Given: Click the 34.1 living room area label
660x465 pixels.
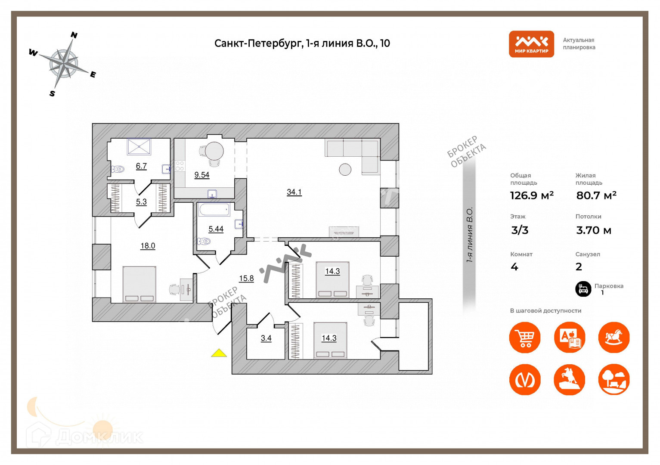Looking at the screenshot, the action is pyautogui.click(x=294, y=192).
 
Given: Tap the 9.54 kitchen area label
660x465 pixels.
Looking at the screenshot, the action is pyautogui.click(x=201, y=175).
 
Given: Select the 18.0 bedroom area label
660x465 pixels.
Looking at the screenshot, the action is pyautogui.click(x=148, y=246).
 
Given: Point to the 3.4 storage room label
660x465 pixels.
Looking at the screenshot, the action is pyautogui.click(x=266, y=338).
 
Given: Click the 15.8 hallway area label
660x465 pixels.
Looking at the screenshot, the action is pyautogui.click(x=246, y=279).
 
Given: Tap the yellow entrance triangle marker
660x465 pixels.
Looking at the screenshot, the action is pyautogui.click(x=219, y=353).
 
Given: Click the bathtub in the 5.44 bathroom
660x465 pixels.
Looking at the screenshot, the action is pyautogui.click(x=214, y=210).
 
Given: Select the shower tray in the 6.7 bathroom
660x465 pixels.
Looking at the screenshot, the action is pyautogui.click(x=139, y=147).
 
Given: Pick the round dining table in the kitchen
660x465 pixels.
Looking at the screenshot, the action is pyautogui.click(x=214, y=151).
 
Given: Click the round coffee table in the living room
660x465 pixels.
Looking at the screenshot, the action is pyautogui.click(x=345, y=170).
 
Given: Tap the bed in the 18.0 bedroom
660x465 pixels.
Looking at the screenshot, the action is pyautogui.click(x=139, y=284).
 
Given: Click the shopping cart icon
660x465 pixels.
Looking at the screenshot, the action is pyautogui.click(x=525, y=338).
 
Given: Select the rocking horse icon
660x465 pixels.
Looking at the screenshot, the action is pyautogui.click(x=614, y=338).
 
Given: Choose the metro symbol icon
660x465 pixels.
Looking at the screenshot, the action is pyautogui.click(x=525, y=380).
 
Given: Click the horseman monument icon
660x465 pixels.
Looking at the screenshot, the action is pyautogui.click(x=569, y=380).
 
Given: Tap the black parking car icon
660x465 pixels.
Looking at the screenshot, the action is pyautogui.click(x=583, y=288).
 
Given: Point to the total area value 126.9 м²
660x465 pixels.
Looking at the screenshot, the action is pyautogui.click(x=532, y=195).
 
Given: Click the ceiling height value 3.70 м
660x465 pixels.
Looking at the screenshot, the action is pyautogui.click(x=594, y=230).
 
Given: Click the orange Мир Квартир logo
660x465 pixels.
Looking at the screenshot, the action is pyautogui.click(x=531, y=44).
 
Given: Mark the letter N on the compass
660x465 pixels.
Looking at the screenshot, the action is pyautogui.click(x=74, y=35).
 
